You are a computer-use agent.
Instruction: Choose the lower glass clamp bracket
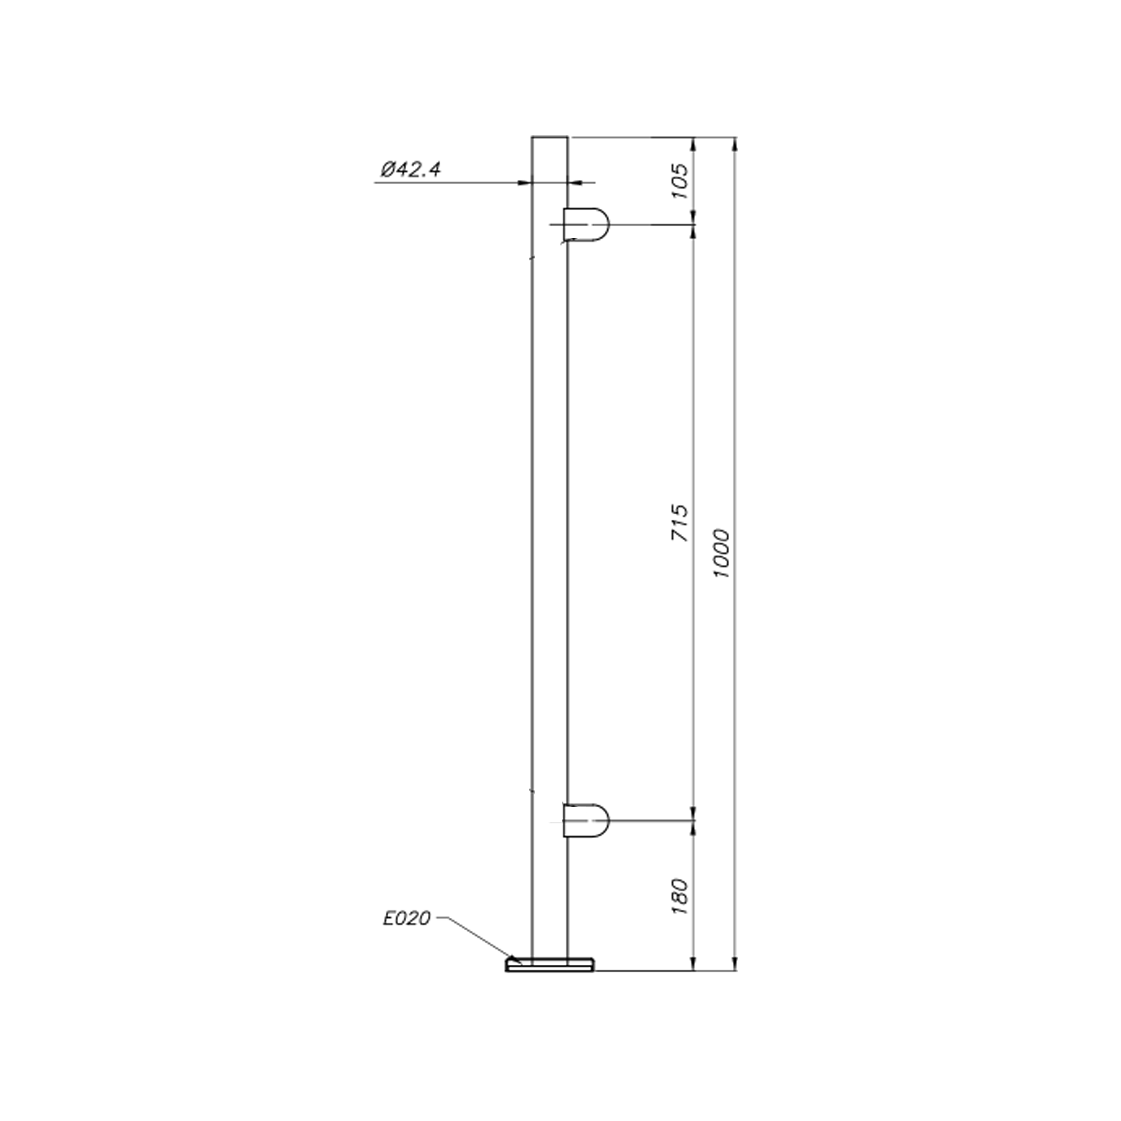coord(586,820)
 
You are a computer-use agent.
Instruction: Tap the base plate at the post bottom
coord(550,964)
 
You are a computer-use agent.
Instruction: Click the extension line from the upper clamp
coord(650,224)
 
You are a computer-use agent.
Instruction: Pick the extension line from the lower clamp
coord(650,820)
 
